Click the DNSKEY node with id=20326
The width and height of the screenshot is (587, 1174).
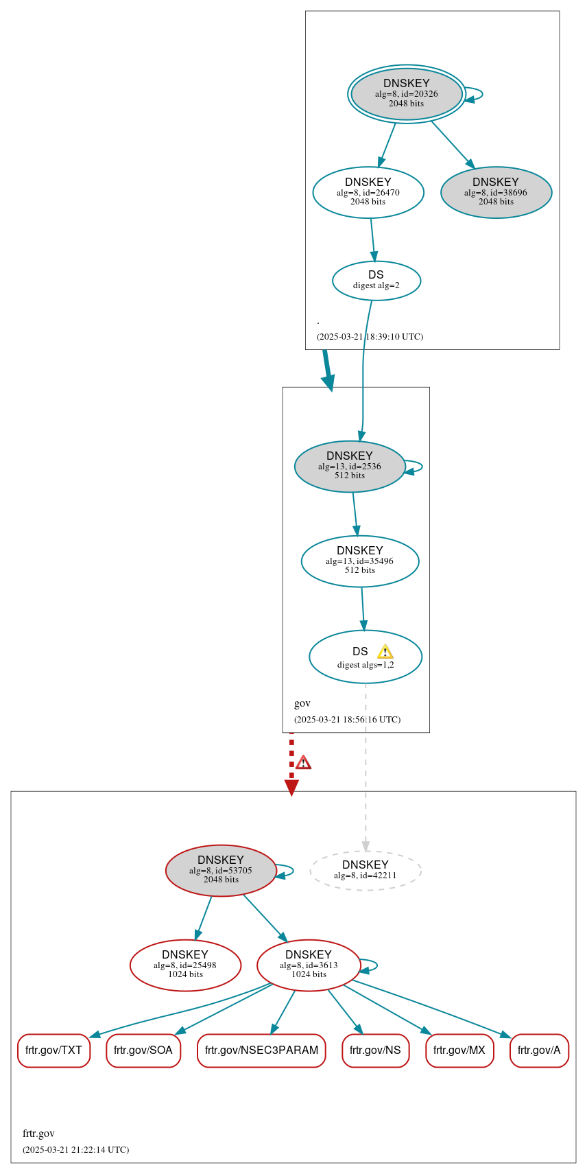point(407,94)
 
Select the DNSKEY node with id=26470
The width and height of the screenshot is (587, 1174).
point(368,192)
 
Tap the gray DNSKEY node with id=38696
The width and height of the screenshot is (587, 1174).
point(496,192)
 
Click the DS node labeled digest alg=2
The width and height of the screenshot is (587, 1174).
point(376,280)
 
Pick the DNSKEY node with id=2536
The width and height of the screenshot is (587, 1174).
point(350,466)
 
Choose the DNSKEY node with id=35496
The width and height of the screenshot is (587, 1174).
point(360,561)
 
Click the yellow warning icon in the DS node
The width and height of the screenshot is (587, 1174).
point(385,652)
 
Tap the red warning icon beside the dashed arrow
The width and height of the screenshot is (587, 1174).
point(303,762)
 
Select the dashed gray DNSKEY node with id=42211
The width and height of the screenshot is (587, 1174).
point(366,870)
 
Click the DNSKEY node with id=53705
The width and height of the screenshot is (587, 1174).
point(221,870)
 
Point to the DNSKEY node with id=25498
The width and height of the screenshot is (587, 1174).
point(185,965)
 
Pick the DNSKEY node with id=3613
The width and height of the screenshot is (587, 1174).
point(309,965)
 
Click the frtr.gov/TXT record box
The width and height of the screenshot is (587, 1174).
point(53,1050)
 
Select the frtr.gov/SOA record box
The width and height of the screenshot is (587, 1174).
point(143,1050)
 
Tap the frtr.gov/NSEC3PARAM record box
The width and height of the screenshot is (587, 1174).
point(261,1050)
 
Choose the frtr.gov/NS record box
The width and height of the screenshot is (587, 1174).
point(375,1050)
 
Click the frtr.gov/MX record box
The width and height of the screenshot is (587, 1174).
point(459,1050)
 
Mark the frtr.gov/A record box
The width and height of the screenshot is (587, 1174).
point(539,1050)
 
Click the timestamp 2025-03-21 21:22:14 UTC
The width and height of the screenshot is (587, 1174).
point(75,1149)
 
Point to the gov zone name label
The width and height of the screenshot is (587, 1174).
point(302,703)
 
